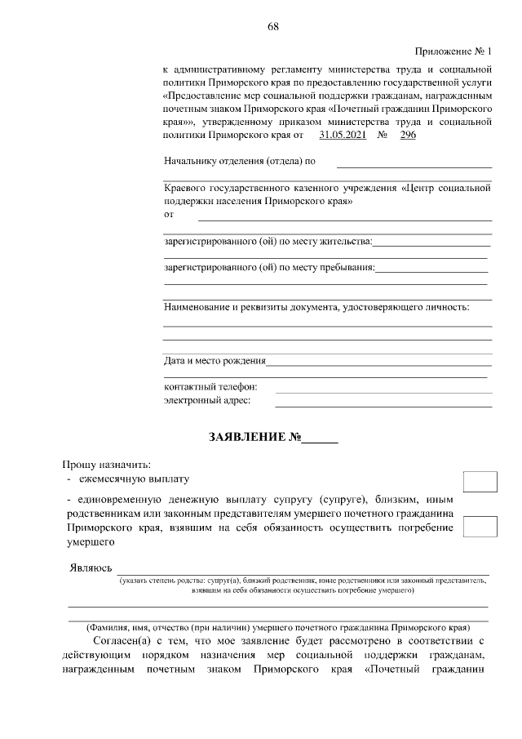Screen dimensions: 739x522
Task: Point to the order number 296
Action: [x=408, y=135]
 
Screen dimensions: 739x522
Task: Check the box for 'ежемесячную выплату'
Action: [x=480, y=481]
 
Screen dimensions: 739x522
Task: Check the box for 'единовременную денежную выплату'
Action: [x=480, y=526]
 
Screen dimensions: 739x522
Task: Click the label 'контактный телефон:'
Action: [x=210, y=386]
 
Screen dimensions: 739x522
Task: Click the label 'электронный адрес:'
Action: [x=207, y=400]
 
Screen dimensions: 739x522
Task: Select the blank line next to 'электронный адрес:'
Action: [x=383, y=404]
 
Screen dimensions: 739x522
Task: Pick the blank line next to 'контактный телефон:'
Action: [x=383, y=390]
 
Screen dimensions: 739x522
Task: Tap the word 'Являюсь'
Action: [x=91, y=568]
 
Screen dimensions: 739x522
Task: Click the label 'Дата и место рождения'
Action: [x=215, y=360]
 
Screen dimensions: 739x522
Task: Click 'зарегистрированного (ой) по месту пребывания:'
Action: [x=269, y=267]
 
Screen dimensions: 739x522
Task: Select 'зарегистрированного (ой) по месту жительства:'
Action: [x=268, y=241]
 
